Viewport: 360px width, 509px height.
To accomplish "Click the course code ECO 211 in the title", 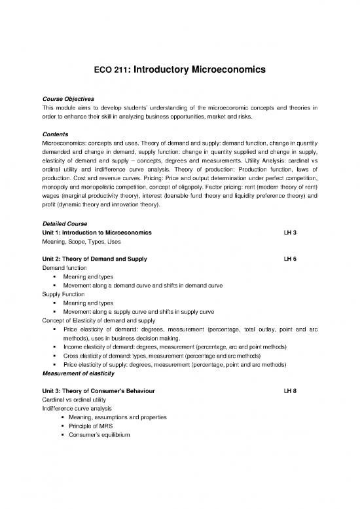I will point(106,66).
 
